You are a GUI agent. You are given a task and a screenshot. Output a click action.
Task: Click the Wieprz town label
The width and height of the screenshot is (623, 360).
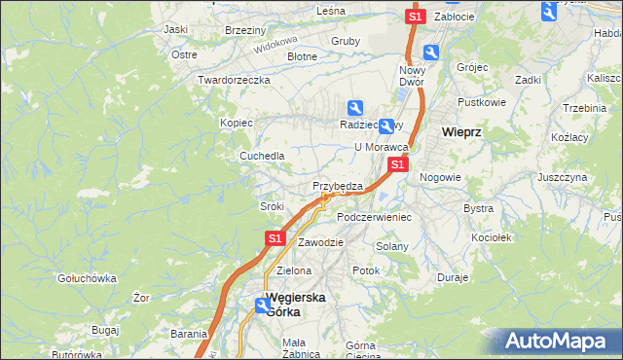click(x=462, y=132)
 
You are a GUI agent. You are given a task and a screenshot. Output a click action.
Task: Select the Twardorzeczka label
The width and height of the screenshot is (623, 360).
click(x=233, y=80)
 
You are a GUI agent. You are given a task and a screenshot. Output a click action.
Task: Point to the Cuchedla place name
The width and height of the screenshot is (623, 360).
click(x=263, y=156)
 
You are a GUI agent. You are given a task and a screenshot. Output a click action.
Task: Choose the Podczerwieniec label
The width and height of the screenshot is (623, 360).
click(x=374, y=217)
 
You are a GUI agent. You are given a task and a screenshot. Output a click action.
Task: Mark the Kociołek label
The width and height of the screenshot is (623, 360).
click(x=491, y=236)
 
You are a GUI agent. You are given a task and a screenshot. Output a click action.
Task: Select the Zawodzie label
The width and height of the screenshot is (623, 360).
click(x=320, y=242)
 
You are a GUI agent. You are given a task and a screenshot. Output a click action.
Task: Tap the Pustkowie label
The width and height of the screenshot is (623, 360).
click(x=482, y=101)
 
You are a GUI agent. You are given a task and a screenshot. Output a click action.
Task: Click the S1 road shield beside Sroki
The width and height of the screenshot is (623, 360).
click(x=275, y=237)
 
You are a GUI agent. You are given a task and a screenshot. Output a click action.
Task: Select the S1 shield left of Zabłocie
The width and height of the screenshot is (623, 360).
click(x=416, y=17)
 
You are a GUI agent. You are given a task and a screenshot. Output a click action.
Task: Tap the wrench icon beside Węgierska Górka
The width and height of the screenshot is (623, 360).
click(x=263, y=306)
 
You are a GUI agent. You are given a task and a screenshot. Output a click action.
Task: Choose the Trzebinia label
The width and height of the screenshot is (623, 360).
click(x=584, y=108)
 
